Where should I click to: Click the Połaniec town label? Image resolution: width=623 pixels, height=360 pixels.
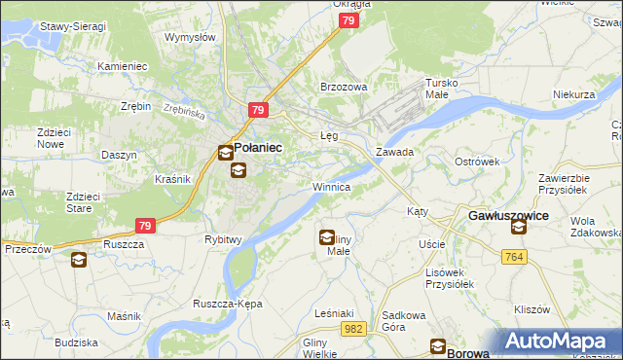click(258, 147)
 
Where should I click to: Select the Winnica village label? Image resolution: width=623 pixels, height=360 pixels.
click(331, 185)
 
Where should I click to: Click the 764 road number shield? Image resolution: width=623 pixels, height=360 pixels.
click(516, 256)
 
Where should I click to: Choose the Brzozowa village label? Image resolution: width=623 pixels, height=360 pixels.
click(344, 87)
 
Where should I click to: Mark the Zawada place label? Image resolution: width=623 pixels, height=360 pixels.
click(395, 152)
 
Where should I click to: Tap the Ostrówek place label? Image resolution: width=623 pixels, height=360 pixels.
click(476, 161)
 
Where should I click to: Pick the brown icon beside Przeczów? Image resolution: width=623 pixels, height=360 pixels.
click(78, 260)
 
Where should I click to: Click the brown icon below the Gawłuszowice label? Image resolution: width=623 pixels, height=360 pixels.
click(518, 227)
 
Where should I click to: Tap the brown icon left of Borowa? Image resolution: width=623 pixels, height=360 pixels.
click(439, 346)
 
